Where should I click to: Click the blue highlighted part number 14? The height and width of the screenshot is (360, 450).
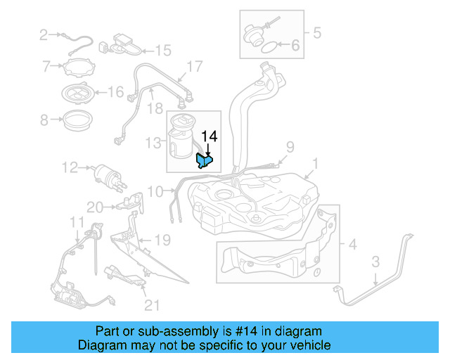pos(204,161)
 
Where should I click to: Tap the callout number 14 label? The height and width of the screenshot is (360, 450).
pos(210,136)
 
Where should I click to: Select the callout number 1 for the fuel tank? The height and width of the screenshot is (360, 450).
pos(315,165)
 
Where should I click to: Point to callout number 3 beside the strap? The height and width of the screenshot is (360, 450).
pos(375,262)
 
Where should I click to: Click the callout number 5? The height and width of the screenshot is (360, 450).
pos(316,32)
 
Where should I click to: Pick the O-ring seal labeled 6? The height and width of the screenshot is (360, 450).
pos(268,48)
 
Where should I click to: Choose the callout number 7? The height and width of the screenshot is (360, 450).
pos(46,67)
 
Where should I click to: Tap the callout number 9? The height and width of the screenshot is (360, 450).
pos(288,146)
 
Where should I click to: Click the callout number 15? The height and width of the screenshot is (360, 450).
pos(163,50)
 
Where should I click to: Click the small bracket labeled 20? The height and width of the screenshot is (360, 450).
pos(126,204)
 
